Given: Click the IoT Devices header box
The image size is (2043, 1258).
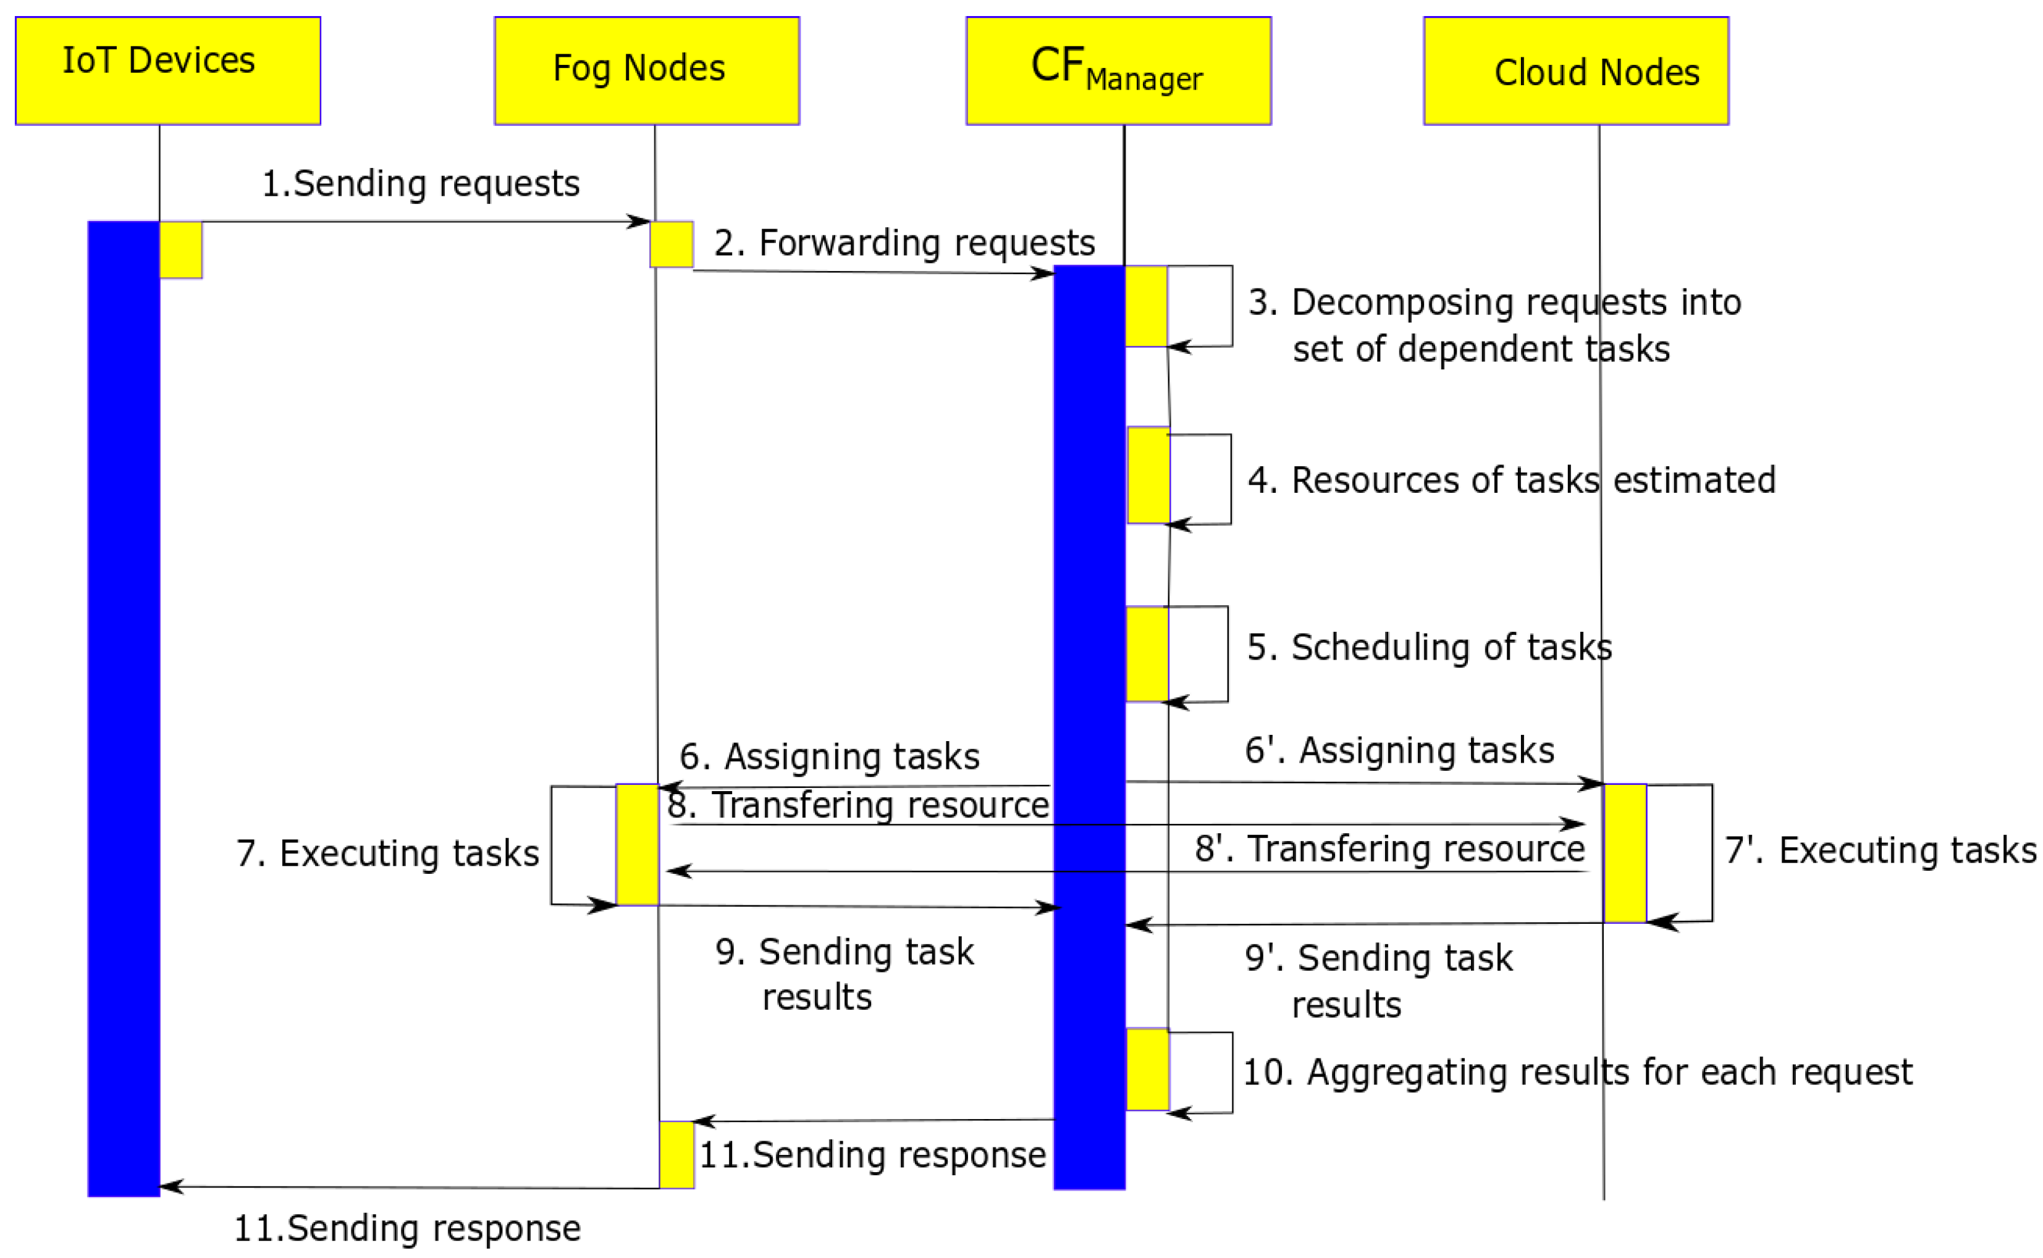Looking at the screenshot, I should [167, 71].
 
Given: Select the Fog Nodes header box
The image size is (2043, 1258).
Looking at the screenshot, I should [647, 71].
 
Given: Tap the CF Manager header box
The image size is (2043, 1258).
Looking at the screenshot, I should [1118, 71].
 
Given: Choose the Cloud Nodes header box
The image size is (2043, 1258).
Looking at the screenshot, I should [1575, 71].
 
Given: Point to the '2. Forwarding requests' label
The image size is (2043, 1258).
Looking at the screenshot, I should [904, 243].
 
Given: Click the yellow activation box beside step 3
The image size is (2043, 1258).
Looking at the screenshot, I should [1146, 306].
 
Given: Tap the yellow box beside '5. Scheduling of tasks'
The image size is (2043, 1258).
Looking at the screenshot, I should [1147, 654].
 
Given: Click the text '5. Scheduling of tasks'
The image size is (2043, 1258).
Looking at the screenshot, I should [1428, 647].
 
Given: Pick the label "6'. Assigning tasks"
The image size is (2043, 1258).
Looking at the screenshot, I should [1399, 750].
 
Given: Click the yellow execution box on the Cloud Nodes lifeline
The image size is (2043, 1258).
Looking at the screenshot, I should [1624, 853].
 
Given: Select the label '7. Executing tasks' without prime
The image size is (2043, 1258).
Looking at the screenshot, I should [388, 853].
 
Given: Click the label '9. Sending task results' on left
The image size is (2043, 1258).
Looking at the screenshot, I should [843, 973].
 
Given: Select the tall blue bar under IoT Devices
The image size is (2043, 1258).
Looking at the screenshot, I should [123, 707].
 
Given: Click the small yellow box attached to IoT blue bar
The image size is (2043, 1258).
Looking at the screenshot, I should [180, 250].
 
